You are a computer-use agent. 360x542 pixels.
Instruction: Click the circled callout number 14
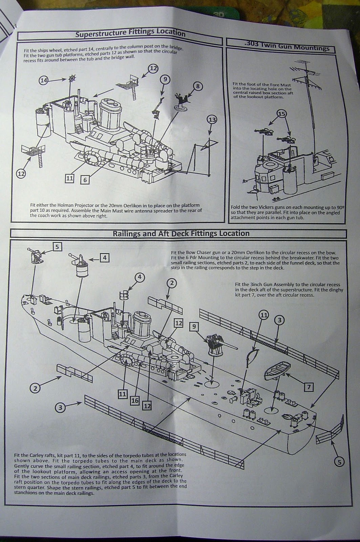[43, 80]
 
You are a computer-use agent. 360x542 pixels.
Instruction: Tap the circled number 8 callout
[198, 86]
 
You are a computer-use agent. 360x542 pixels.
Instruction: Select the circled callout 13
[212, 120]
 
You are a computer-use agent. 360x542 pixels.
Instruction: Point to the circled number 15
[281, 114]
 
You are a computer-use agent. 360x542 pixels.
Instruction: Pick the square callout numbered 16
[135, 400]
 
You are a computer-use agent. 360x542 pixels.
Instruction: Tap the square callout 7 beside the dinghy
[309, 387]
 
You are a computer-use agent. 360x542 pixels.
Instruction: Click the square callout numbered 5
[57, 247]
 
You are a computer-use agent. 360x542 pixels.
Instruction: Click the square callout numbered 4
[105, 258]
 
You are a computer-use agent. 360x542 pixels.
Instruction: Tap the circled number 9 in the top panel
[165, 80]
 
